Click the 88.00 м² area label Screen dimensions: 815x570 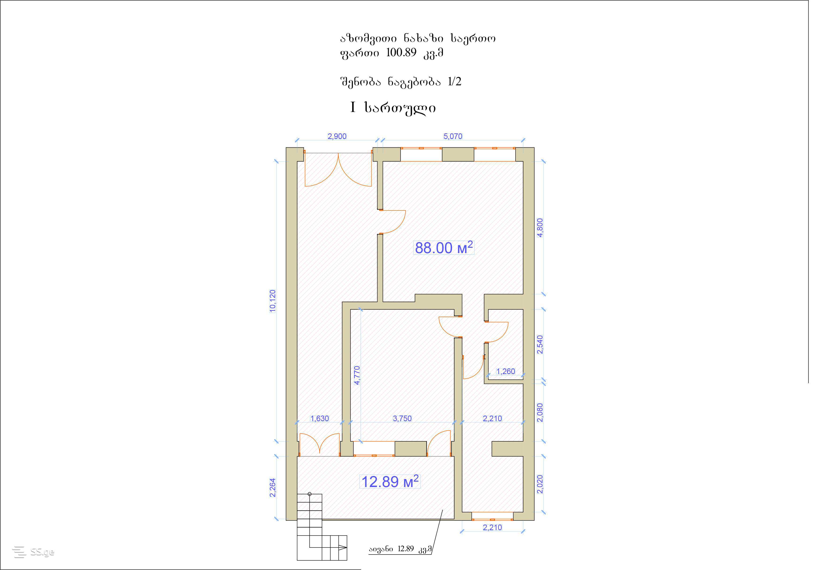click(x=444, y=248)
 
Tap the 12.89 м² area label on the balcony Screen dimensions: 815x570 click(x=390, y=482)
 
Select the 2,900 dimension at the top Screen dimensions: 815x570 click(x=337, y=136)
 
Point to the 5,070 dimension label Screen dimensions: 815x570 click(x=453, y=136)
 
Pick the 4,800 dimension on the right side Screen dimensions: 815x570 click(x=540, y=228)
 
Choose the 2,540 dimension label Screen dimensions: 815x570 click(x=540, y=344)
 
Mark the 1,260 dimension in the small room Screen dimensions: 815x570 click(x=506, y=371)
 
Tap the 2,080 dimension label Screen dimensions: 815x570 click(x=540, y=412)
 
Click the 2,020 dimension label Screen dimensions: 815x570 click(x=540, y=484)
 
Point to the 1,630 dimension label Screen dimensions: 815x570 click(x=320, y=418)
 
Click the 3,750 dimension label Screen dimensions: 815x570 click(x=402, y=418)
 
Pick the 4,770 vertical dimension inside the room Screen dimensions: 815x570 click(x=357, y=375)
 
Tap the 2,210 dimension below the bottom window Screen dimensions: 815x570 click(x=492, y=527)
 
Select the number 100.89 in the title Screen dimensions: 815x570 click(x=401, y=52)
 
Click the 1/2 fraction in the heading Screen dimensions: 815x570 click(x=454, y=82)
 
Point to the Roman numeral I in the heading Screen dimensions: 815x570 click(x=353, y=107)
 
